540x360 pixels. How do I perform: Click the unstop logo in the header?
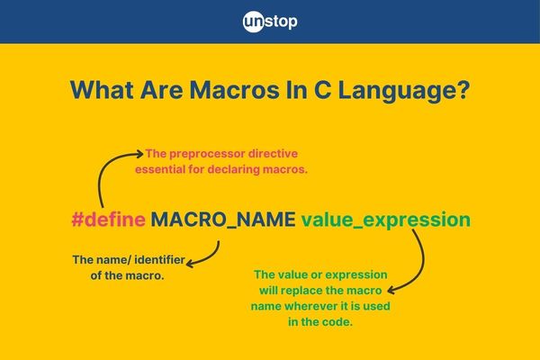pos(270,22)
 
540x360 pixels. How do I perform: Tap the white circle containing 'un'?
pos(254,22)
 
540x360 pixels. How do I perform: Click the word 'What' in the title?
pos(102,90)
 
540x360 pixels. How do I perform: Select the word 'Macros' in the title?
pos(234,90)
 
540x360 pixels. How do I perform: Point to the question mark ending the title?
pos(463,90)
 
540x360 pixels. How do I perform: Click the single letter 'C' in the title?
pos(323,90)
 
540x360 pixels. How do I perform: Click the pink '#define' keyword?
pos(109,219)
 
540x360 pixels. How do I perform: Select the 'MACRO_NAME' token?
pos(223,220)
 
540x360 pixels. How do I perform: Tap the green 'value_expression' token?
pos(386,220)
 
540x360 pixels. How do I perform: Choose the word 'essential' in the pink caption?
pos(160,169)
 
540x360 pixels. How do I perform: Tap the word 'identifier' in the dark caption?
pos(160,259)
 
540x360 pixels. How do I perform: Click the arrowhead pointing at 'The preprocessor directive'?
pos(140,154)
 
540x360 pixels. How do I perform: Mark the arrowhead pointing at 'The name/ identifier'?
pos(191,264)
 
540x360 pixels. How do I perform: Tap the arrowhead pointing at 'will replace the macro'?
pos(391,291)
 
